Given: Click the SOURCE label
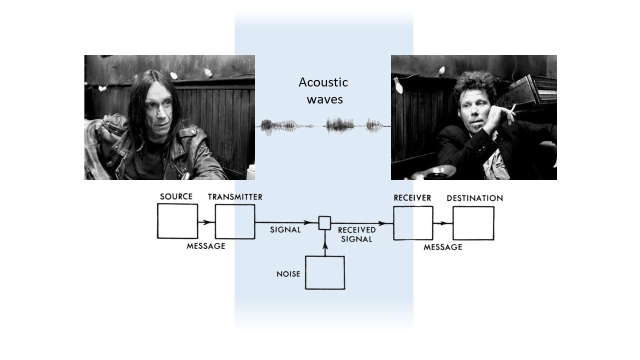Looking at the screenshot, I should click(x=176, y=196).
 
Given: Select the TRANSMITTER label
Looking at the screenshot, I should click(x=235, y=197).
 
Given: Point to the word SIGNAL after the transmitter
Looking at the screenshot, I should click(x=285, y=230).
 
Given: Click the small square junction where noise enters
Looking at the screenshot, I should click(x=325, y=223).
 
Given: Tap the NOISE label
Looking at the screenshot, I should click(x=288, y=274).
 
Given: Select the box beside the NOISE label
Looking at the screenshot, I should click(x=325, y=272).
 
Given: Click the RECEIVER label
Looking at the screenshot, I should click(x=412, y=197).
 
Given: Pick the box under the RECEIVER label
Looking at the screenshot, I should click(x=413, y=223).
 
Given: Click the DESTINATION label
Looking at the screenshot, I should click(x=474, y=198).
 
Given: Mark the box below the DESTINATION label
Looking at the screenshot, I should click(x=473, y=223).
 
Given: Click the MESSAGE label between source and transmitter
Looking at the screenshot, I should click(x=205, y=246).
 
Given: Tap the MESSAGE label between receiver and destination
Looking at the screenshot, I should click(x=443, y=247).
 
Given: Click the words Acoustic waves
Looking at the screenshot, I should click(x=323, y=90).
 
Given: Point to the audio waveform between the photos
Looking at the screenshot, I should click(x=322, y=126).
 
